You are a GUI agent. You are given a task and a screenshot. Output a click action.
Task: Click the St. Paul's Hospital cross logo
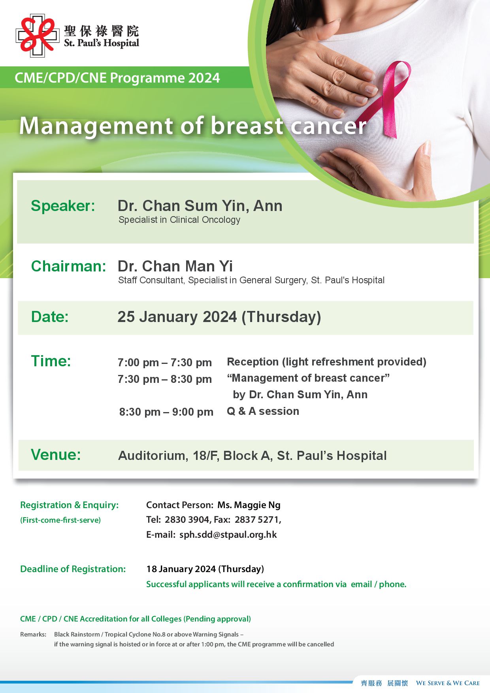(x=37, y=36)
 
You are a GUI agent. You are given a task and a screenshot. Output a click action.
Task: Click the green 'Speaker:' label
(x=63, y=206)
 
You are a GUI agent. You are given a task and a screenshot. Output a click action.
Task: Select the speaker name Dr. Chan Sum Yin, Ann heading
(x=200, y=206)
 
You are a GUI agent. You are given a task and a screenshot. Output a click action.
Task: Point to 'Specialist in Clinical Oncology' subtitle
(x=179, y=220)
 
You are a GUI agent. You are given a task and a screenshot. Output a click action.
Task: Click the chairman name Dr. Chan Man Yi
(x=175, y=266)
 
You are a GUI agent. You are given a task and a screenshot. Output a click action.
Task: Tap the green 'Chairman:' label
(x=68, y=266)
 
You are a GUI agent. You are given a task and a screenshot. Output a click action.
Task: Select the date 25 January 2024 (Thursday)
(x=219, y=317)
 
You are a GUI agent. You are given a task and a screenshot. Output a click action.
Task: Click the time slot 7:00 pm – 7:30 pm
(x=165, y=362)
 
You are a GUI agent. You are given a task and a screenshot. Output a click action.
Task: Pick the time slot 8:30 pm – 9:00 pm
(x=166, y=412)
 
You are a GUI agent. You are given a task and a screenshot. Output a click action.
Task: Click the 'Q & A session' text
(x=263, y=411)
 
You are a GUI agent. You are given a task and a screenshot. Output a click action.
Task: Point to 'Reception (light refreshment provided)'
(x=327, y=362)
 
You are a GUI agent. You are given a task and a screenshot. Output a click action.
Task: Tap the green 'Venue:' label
(x=56, y=455)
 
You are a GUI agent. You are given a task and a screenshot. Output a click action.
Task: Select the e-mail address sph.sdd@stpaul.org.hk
(x=228, y=535)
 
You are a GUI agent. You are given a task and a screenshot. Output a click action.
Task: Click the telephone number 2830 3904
(x=187, y=520)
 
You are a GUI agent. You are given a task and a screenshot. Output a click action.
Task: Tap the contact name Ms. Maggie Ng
(x=249, y=505)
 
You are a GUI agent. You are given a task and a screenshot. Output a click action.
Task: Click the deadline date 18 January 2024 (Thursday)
(x=205, y=569)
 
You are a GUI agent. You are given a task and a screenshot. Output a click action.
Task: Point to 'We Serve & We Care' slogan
(x=448, y=683)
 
